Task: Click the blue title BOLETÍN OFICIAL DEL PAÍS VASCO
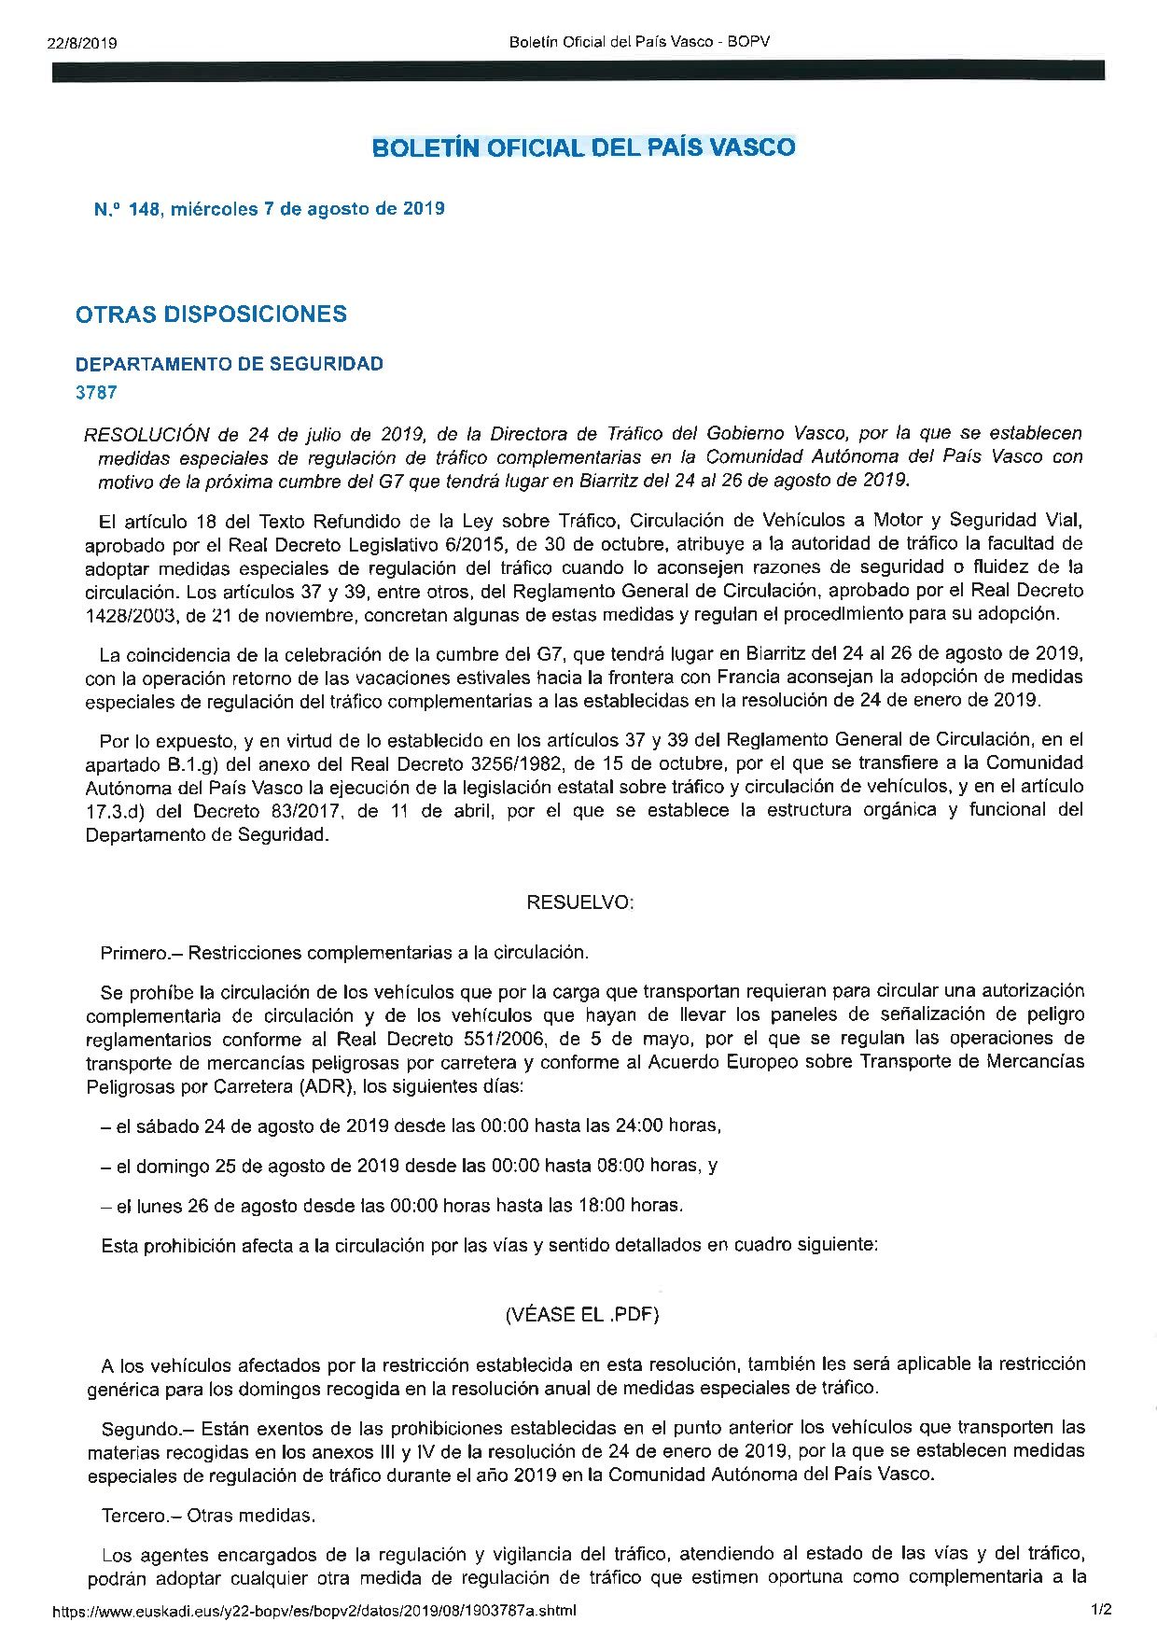583,147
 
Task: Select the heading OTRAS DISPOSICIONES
211,315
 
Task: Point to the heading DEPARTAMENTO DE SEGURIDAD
229,364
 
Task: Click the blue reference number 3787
96,393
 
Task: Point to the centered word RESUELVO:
579,902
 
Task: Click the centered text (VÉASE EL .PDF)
581,1314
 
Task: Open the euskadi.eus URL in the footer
314,1610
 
